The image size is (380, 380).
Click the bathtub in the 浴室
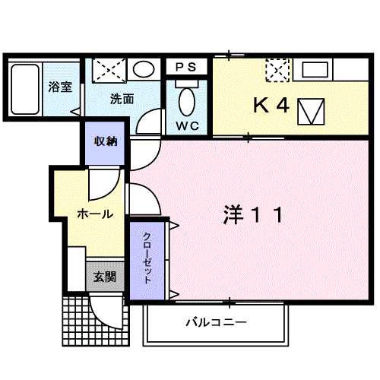pyautogui.click(x=25, y=89)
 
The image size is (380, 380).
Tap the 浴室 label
pyautogui.click(x=60, y=87)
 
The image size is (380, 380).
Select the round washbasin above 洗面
pyautogui.click(x=144, y=69)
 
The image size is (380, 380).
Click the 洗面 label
pyautogui.click(x=122, y=99)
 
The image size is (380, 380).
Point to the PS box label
pyautogui.click(x=186, y=67)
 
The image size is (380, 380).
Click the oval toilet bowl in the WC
pyautogui.click(x=187, y=102)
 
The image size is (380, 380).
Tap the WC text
pyautogui.click(x=188, y=126)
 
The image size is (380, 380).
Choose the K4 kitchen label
pyautogui.click(x=271, y=105)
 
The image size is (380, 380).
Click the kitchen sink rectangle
pyautogui.click(x=315, y=70)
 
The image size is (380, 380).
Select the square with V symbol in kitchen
pyautogui.click(x=311, y=112)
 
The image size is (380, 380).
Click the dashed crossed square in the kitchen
pyautogui.click(x=277, y=70)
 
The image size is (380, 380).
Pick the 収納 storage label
pyautogui.click(x=106, y=141)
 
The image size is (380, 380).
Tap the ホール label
pyautogui.click(x=95, y=214)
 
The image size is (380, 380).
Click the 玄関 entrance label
pyautogui.click(x=105, y=277)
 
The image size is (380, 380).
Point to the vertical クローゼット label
pyautogui.click(x=147, y=258)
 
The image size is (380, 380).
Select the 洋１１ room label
pyautogui.click(x=253, y=215)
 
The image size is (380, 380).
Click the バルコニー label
pyautogui.click(x=216, y=322)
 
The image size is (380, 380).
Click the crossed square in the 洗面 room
pyautogui.click(x=109, y=70)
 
